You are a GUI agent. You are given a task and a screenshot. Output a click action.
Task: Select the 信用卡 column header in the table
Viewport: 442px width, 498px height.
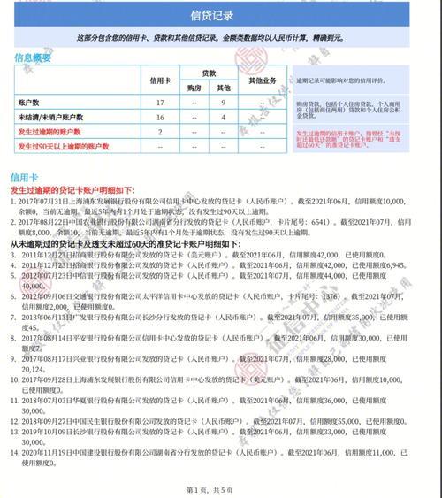160,79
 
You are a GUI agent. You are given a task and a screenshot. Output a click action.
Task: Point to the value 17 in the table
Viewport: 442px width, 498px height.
160,103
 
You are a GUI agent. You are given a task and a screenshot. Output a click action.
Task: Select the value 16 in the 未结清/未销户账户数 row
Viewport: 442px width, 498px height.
160,117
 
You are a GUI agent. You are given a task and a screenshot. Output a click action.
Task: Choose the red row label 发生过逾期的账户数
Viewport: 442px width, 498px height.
49,131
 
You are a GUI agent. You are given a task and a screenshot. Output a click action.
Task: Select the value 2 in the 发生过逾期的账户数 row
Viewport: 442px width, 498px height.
160,131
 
